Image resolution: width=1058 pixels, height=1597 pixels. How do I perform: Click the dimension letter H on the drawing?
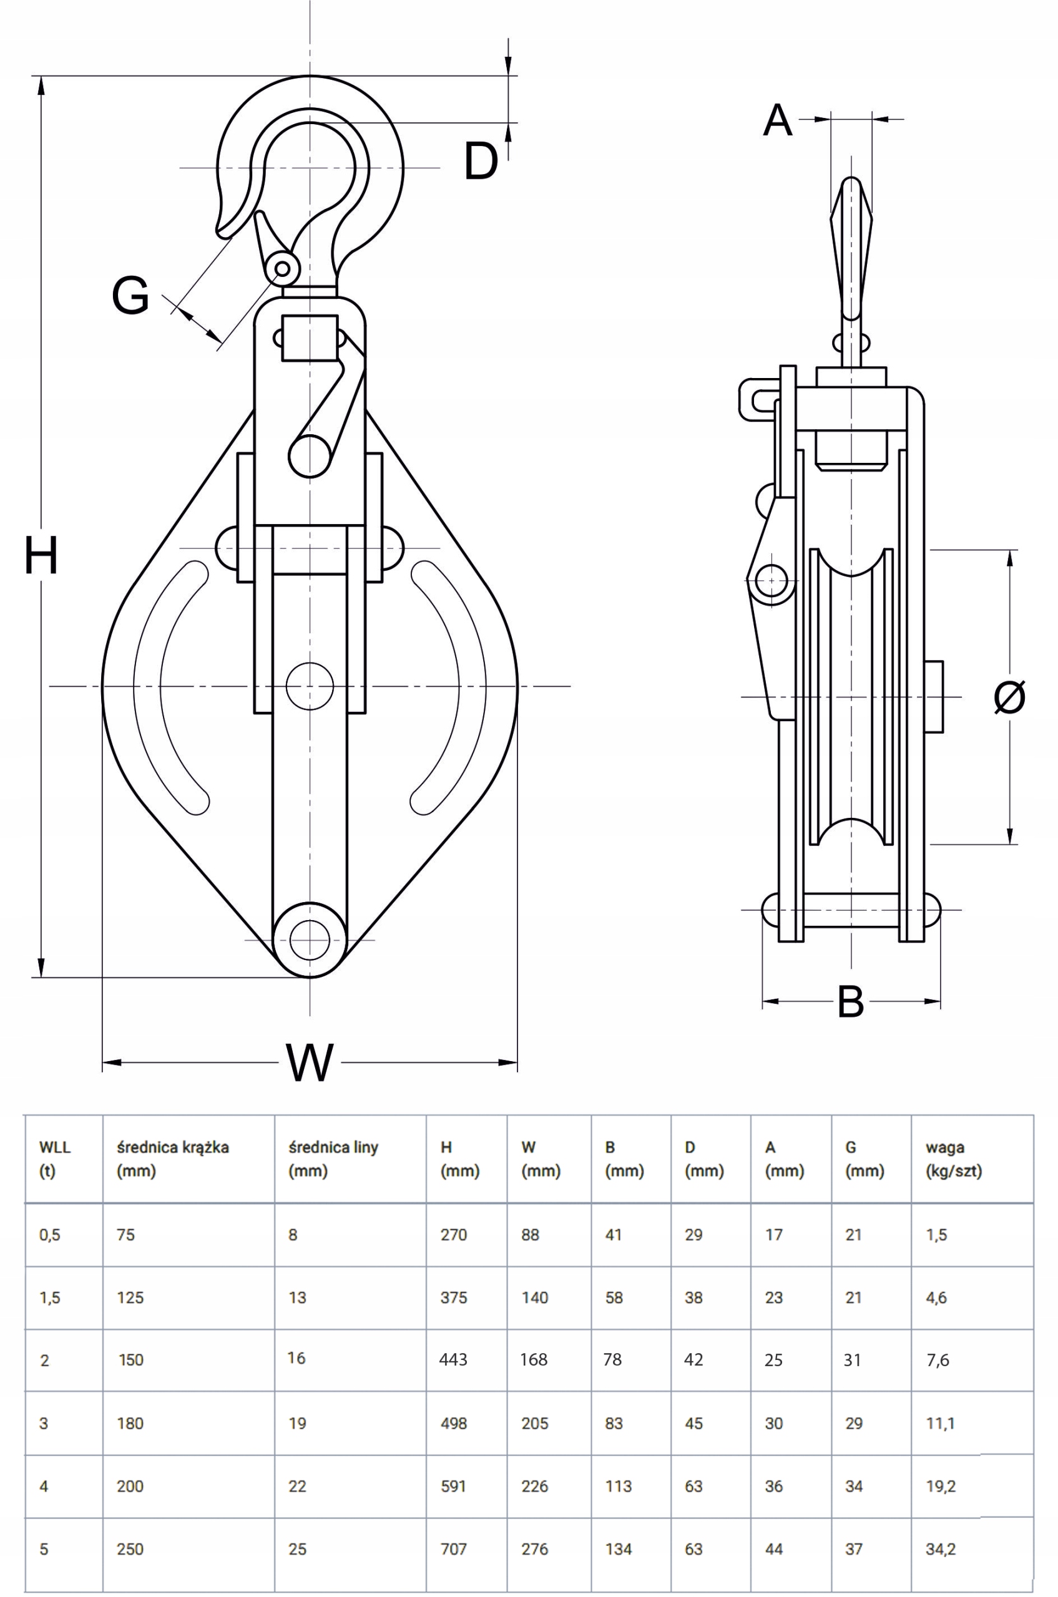point(41,555)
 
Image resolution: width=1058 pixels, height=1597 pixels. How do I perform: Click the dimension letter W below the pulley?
point(310,1062)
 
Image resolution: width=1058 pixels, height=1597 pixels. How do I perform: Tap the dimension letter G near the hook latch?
point(130,296)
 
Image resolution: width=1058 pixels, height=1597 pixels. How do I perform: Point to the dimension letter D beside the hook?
point(481,162)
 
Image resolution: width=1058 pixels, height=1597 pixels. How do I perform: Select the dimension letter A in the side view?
point(777,122)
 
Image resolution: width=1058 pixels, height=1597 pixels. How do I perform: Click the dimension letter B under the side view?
point(850,1002)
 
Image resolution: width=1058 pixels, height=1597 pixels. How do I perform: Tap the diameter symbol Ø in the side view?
point(1009,697)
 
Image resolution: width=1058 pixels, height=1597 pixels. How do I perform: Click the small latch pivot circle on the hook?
point(283,269)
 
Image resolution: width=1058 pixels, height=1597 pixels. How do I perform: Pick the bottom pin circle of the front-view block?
point(310,940)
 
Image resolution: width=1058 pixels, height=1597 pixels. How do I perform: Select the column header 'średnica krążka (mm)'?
point(173,1158)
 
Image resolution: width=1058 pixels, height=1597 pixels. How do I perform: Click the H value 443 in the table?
point(453,1359)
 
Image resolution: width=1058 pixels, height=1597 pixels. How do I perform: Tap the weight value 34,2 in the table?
point(941,1549)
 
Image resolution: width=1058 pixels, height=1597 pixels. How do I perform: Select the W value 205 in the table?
point(534,1423)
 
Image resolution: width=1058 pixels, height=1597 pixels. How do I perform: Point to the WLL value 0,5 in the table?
point(50,1235)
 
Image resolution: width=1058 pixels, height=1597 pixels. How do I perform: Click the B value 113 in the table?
point(618,1486)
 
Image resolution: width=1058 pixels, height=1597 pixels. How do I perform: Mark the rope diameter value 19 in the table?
point(297,1423)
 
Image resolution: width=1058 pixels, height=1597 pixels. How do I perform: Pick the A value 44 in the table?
point(774,1549)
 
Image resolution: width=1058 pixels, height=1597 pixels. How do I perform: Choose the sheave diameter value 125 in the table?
point(130,1298)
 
